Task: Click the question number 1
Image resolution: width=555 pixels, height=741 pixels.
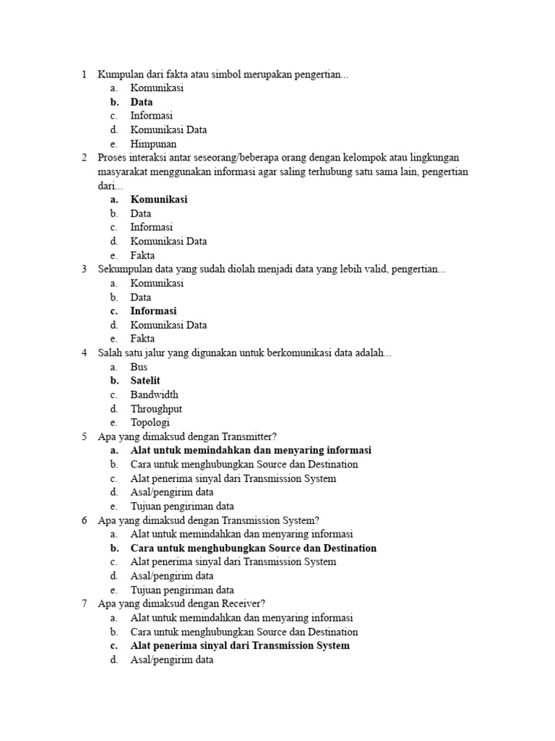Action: (x=84, y=75)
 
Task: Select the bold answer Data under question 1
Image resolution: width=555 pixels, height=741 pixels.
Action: (x=142, y=102)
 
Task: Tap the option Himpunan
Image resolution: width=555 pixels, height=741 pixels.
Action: (x=153, y=144)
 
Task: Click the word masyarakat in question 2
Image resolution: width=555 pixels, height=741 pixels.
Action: (x=124, y=172)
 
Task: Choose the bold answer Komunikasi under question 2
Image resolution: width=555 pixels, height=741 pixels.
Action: (x=159, y=200)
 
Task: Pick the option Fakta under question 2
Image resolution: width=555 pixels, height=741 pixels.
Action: (x=142, y=255)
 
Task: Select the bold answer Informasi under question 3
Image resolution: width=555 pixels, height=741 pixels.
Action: (x=153, y=311)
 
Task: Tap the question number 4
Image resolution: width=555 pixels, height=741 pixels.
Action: (x=84, y=353)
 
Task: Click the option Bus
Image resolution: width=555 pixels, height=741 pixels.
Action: (x=139, y=367)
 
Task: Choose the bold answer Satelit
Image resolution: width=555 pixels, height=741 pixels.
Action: (x=145, y=381)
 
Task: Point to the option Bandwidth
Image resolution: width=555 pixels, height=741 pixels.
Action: (x=154, y=394)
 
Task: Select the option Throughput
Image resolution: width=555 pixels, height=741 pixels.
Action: (x=156, y=409)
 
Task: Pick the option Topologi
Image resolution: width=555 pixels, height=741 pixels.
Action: (x=150, y=423)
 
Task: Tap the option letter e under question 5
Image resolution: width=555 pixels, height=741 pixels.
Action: (x=113, y=507)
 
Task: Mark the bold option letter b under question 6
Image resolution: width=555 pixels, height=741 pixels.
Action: (x=114, y=549)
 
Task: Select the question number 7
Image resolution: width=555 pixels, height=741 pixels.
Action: (x=84, y=604)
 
